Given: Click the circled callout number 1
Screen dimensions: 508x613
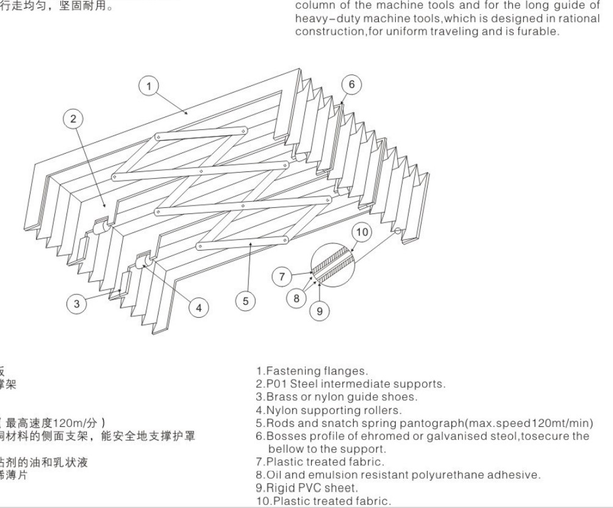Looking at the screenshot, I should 148,86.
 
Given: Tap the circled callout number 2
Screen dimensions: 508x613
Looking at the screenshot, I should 73,120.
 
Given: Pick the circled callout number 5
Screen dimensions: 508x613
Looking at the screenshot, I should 245,301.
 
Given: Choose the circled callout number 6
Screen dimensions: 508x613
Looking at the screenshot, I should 351,84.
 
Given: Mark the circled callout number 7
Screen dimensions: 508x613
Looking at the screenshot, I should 282,277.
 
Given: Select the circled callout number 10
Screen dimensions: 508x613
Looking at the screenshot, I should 362,232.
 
